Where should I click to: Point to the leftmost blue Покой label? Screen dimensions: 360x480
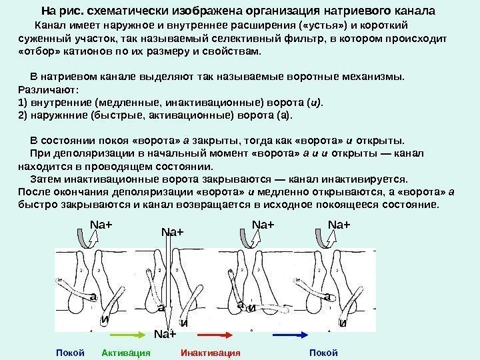click(70, 351)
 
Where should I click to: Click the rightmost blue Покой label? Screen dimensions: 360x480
click(324, 351)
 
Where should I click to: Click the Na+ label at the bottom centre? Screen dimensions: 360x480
click(164, 333)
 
